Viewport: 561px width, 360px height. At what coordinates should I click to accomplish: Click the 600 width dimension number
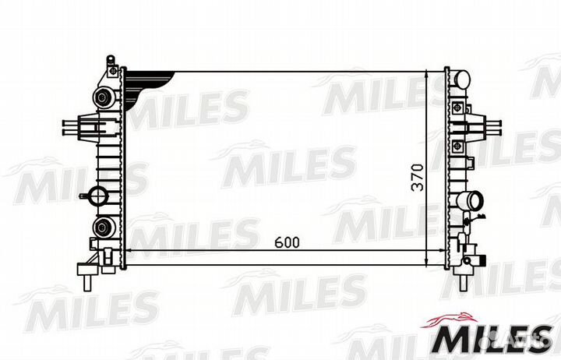pyautogui.click(x=287, y=242)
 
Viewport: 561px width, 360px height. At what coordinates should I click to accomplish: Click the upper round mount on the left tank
pyautogui.click(x=101, y=97)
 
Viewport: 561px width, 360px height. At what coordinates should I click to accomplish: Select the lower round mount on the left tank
pyautogui.click(x=101, y=228)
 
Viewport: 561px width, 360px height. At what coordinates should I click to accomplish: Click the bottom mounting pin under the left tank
pyautogui.click(x=88, y=274)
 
